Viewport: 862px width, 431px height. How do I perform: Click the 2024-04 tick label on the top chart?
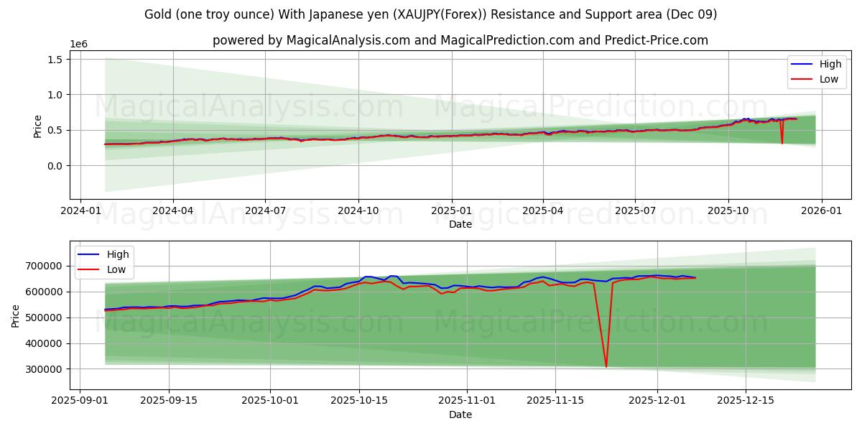click(x=173, y=210)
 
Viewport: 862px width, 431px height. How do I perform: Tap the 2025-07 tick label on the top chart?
click(x=635, y=210)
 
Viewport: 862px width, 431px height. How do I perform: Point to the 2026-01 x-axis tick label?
click(x=821, y=210)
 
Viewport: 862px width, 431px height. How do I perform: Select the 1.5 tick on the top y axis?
click(x=55, y=59)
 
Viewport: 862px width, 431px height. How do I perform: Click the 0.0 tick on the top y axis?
click(x=55, y=166)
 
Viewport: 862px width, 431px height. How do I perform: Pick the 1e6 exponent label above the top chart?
click(x=79, y=44)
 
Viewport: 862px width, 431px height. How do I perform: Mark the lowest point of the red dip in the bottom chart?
click(x=606, y=367)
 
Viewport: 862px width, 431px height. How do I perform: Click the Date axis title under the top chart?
click(x=460, y=224)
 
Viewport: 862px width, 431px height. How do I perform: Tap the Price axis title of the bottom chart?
click(x=16, y=315)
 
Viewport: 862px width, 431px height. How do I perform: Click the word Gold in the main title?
click(x=158, y=14)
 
